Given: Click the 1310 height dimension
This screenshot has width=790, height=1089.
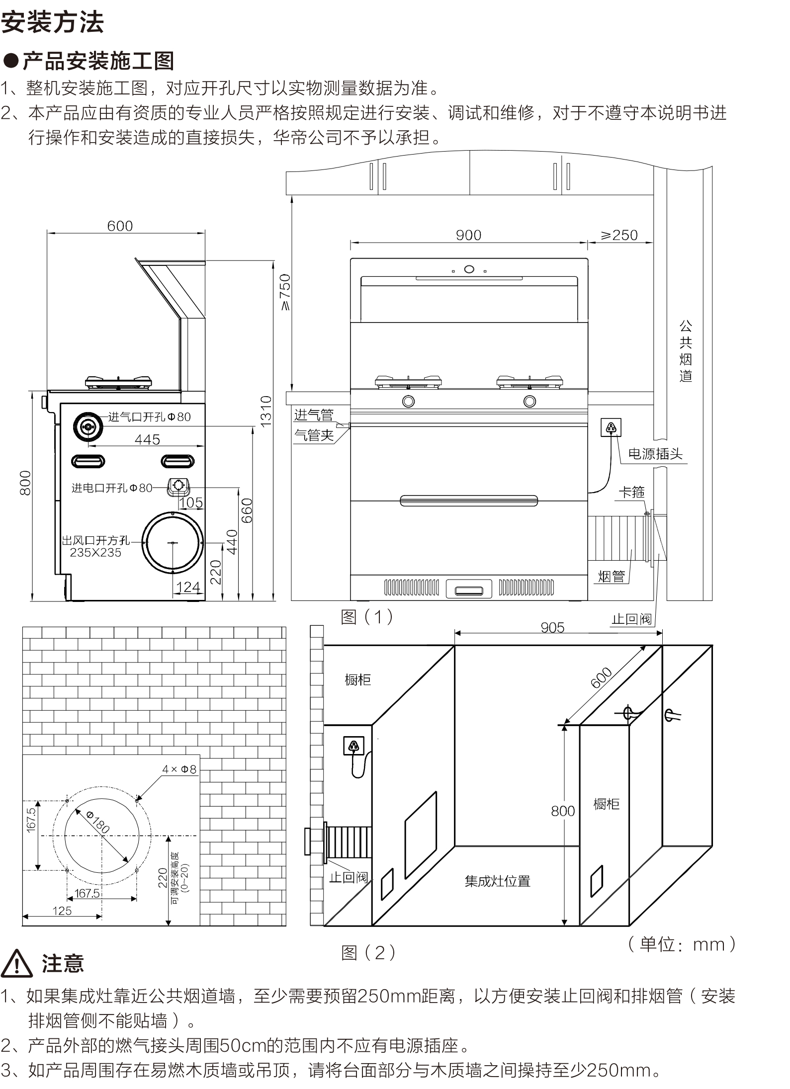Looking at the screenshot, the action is pos(266,411).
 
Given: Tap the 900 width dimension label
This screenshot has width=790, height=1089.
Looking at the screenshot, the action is pos(468,235).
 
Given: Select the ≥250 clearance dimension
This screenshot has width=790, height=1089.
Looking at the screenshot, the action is pos(619,235).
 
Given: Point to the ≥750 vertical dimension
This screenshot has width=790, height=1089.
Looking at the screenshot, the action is pos(284,292).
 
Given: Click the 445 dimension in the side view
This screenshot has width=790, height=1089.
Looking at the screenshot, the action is pos(147,439).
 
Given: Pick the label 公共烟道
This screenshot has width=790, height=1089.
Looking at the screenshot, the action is pos(686,351).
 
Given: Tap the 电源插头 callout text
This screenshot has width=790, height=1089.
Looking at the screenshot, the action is pos(655,454).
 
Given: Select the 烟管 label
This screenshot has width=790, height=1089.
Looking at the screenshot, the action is pos(611,577).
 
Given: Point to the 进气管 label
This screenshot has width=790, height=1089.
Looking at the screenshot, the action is pos(314,415).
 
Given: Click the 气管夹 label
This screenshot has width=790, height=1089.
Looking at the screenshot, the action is pos(314,435).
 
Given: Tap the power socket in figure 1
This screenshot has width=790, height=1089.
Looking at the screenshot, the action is pos(611,427).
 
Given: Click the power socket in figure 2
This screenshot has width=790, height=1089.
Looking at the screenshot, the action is pos(353,746).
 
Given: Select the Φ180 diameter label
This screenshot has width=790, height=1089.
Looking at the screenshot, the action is pos(98,822).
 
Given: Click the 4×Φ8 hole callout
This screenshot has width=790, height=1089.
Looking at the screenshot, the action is pos(179,769).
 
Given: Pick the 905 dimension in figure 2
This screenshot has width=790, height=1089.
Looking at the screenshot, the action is pos(552,628).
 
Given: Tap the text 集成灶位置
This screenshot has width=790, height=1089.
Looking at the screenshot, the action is pos(497,881).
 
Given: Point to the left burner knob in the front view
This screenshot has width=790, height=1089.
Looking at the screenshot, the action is pos(408,401).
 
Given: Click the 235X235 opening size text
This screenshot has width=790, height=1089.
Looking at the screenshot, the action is pos(95,553).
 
